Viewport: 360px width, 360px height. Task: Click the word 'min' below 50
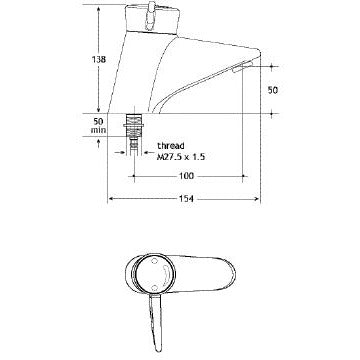[98, 130]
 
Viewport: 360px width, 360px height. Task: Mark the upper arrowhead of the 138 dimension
[97, 9]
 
